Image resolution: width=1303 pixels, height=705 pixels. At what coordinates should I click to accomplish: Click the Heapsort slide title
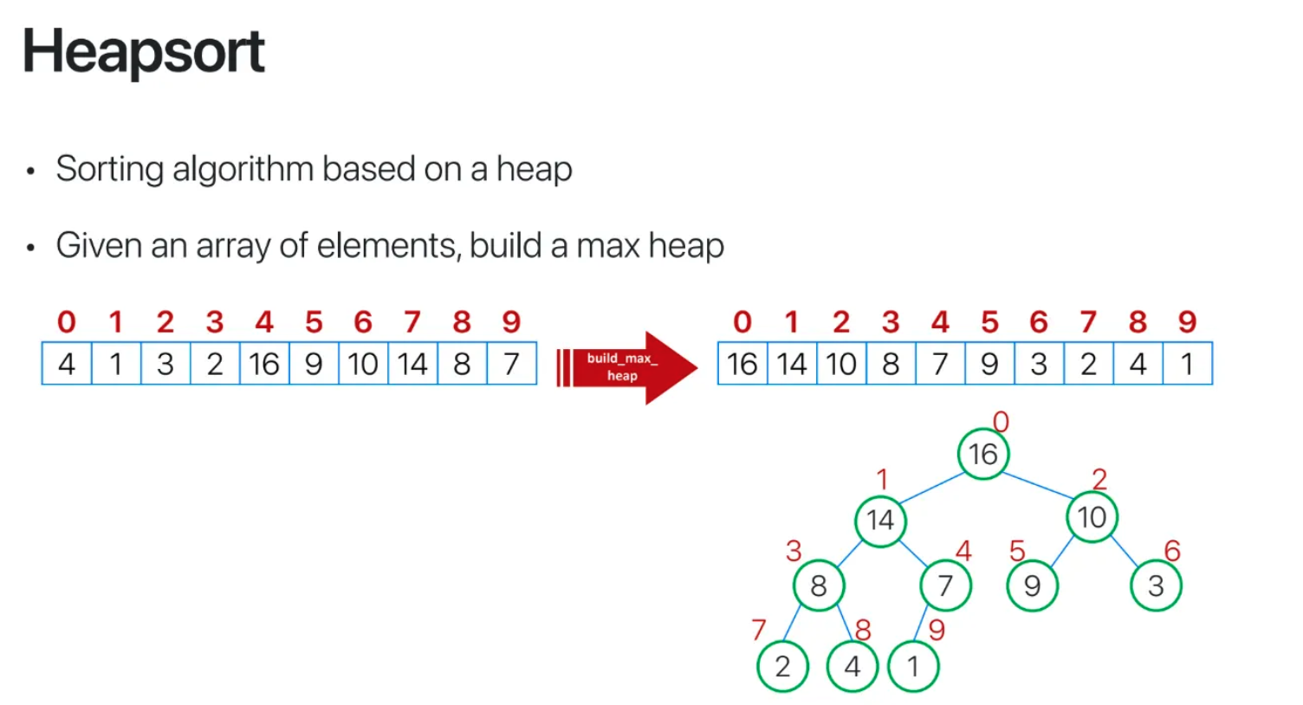[x=144, y=52]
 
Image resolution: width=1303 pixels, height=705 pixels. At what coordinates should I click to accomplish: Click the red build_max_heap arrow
[x=626, y=367]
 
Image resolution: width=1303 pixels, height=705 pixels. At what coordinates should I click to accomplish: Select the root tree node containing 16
[x=983, y=454]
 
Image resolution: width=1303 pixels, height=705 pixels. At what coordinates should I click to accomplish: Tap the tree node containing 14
[x=880, y=521]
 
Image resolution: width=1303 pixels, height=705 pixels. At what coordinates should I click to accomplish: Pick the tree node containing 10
[x=1092, y=517]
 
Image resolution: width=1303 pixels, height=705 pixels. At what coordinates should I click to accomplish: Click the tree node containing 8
[x=819, y=585]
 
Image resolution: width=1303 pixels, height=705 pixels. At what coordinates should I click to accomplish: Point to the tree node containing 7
[x=945, y=585]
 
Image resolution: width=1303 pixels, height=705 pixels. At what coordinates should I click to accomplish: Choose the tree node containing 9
[x=1032, y=585]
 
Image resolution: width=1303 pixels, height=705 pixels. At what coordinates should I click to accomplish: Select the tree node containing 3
[x=1156, y=585]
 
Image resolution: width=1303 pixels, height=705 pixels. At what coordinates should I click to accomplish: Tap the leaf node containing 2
[x=782, y=666]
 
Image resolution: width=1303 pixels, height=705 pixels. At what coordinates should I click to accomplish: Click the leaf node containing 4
[x=852, y=666]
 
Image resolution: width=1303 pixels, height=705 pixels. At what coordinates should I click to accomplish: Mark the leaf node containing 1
[x=912, y=666]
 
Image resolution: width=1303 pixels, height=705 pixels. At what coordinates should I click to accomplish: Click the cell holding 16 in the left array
[x=264, y=364]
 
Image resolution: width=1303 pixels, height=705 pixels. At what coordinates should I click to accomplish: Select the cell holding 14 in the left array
[x=412, y=364]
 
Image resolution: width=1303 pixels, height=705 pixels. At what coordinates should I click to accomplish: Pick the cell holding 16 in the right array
[x=742, y=364]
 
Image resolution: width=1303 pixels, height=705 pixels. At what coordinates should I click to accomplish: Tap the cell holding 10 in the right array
[x=841, y=364]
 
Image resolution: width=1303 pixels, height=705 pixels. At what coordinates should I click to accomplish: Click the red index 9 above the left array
[x=511, y=322]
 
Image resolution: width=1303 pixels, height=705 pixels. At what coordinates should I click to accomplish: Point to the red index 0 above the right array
[x=742, y=322]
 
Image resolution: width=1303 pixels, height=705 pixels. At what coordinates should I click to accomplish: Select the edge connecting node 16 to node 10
[x=1038, y=486]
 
